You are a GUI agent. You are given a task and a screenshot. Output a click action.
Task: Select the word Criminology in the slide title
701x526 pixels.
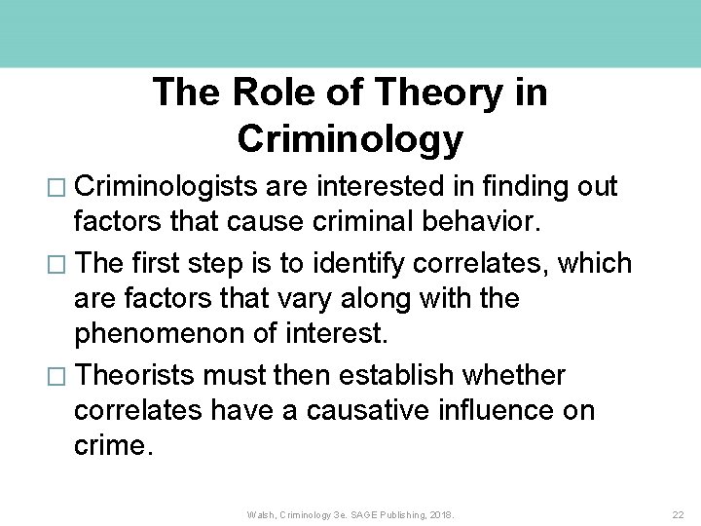point(350,139)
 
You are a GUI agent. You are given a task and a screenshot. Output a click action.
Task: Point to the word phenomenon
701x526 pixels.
point(160,334)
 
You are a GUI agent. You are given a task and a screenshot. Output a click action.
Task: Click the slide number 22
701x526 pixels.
point(679,513)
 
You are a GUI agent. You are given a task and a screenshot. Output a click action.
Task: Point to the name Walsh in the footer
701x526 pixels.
point(261,513)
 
